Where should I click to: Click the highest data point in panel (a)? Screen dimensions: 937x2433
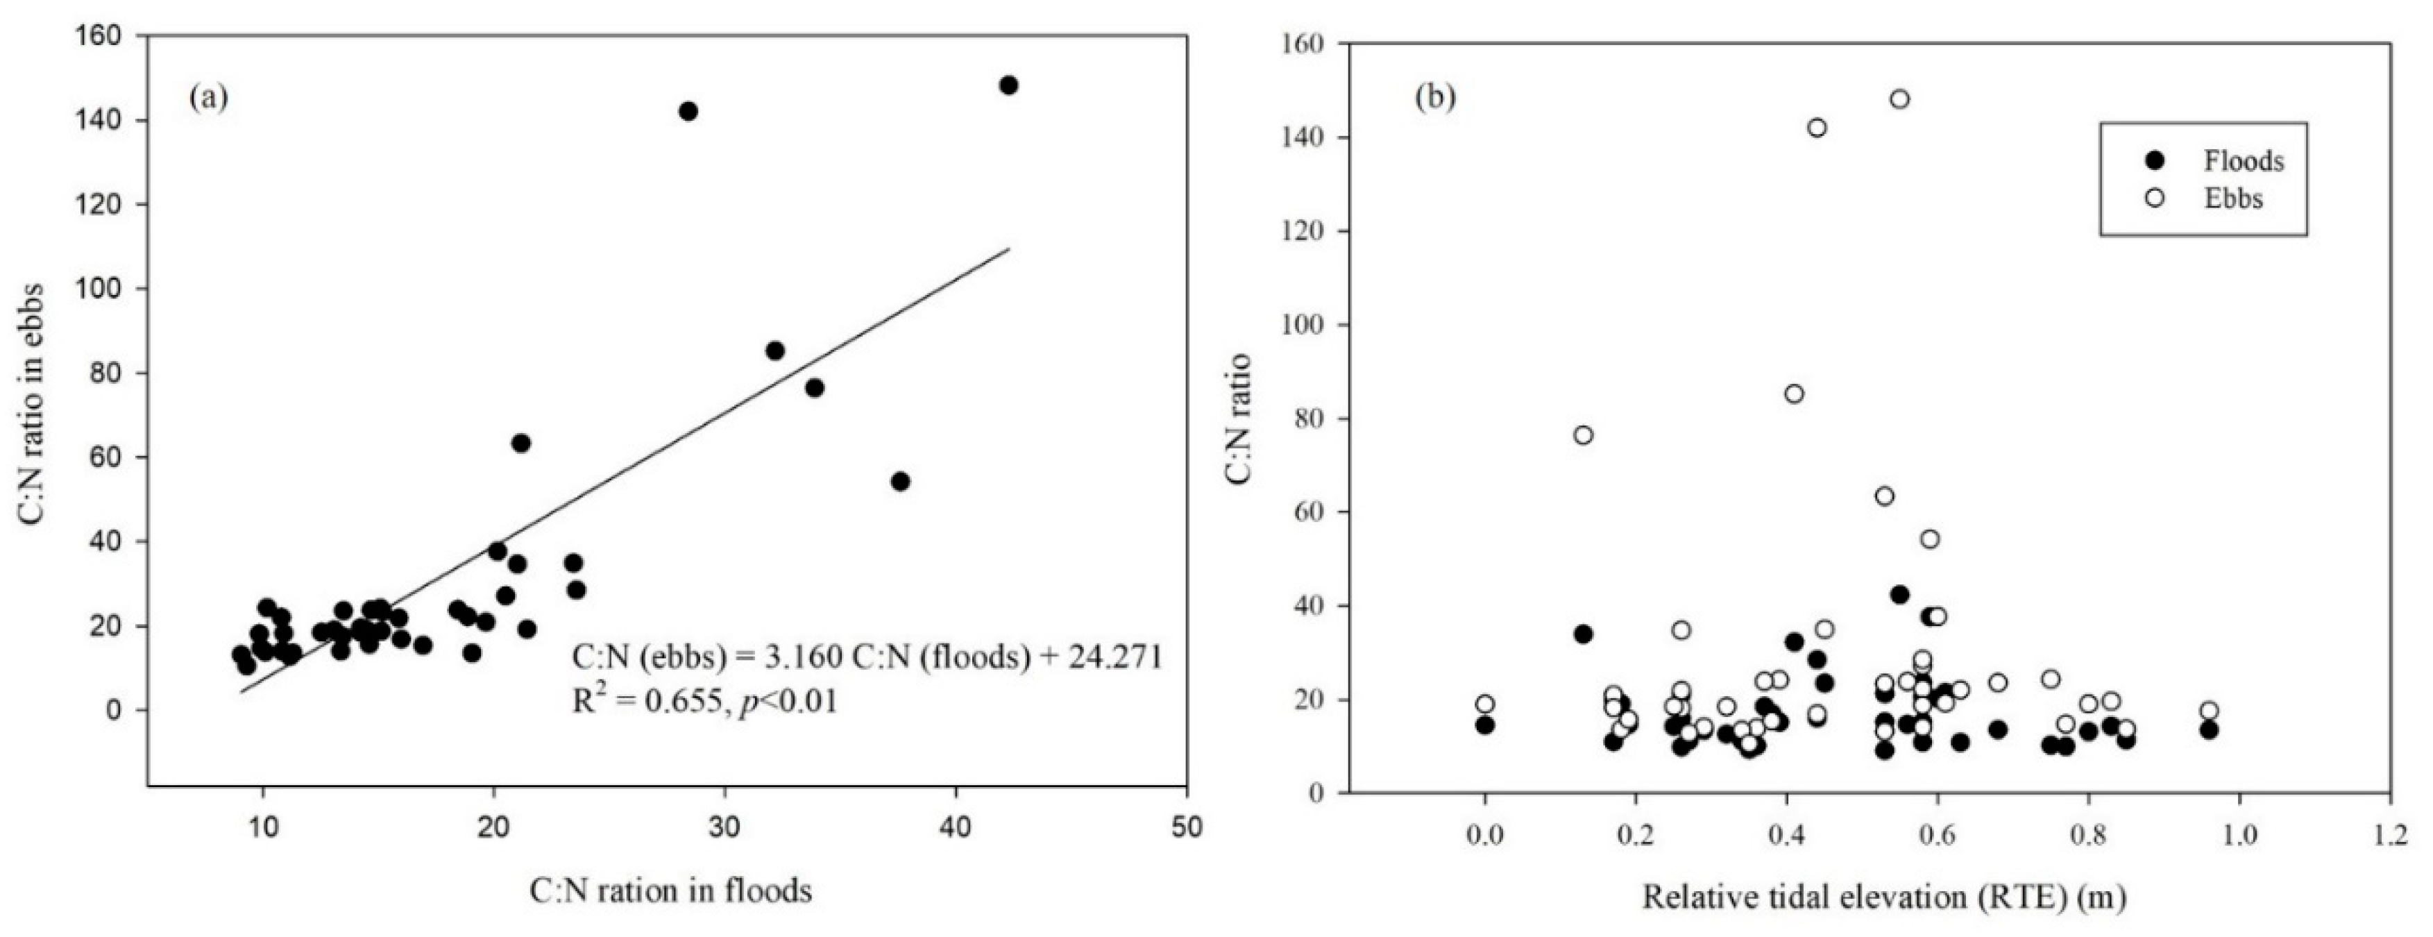point(1009,85)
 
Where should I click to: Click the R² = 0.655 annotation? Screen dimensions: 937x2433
point(704,702)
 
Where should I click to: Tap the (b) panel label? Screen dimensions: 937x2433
point(1434,97)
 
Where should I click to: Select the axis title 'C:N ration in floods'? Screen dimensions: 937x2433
point(670,890)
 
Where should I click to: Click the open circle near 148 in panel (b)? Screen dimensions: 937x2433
point(1899,99)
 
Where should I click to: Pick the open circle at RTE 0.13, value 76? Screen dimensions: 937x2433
point(1583,434)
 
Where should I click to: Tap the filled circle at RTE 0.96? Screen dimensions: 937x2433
point(2208,729)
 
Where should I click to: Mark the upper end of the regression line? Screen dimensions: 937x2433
point(1009,249)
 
